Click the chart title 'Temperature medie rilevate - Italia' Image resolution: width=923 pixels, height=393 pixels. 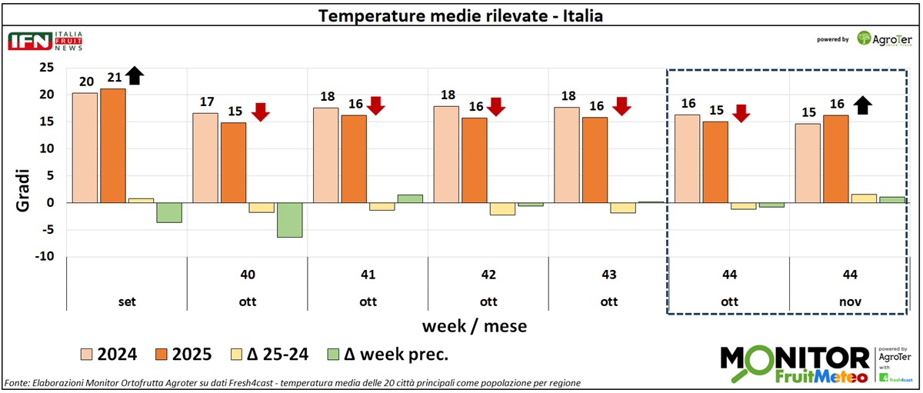461,15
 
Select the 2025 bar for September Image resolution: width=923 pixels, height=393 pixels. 113,145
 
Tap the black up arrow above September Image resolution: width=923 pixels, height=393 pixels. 135,75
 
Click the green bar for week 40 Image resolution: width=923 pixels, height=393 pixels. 290,220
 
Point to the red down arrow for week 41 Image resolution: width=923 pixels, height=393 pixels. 375,105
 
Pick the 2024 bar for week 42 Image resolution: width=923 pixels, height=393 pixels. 446,154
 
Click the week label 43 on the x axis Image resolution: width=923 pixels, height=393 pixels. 608,274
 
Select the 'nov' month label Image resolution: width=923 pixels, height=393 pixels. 849,302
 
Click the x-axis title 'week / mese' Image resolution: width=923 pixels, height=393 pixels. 474,326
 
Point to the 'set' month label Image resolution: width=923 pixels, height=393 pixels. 128,302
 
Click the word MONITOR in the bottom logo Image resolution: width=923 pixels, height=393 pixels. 794,358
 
